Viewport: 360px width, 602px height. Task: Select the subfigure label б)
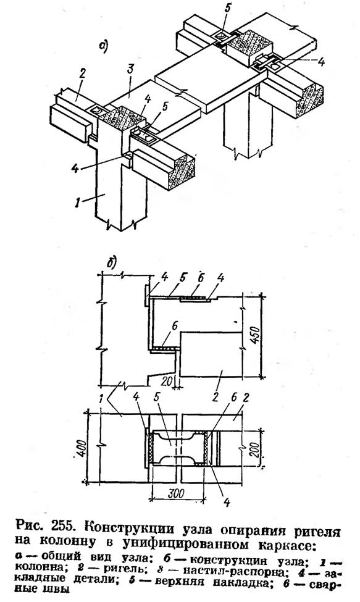(x=112, y=264)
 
